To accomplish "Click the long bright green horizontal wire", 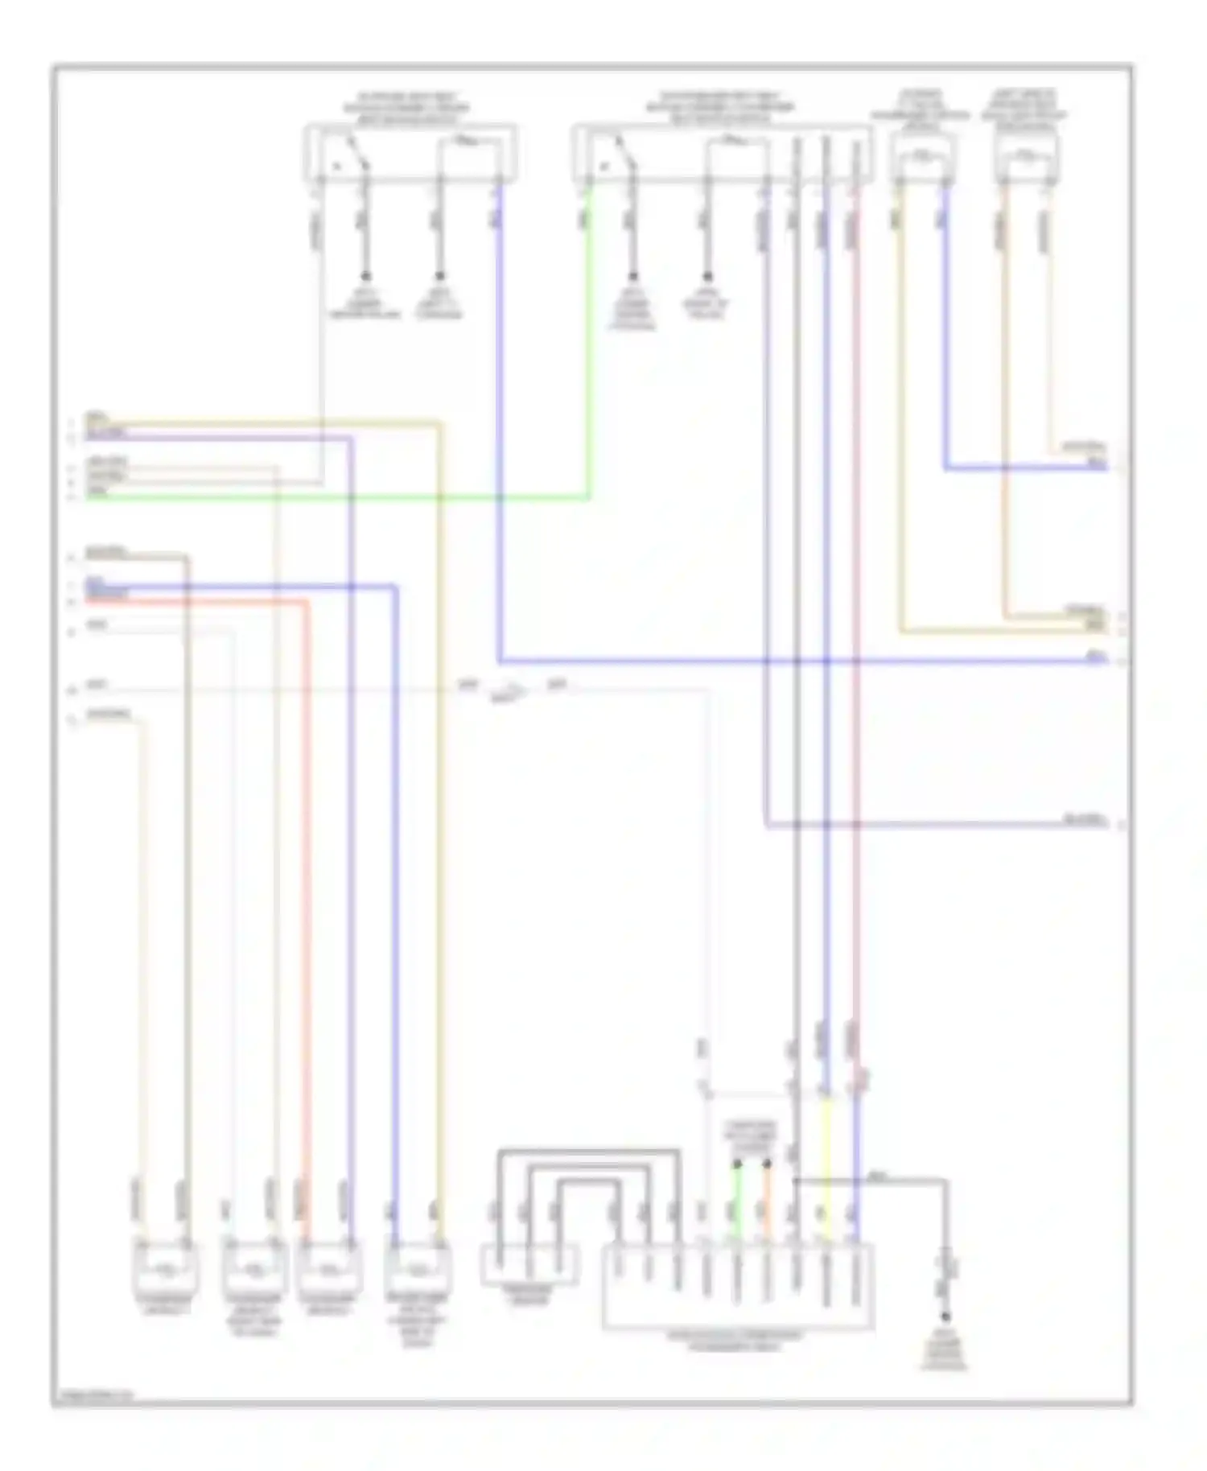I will pyautogui.click(x=338, y=497).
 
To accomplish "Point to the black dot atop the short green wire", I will pyautogui.click(x=736, y=1164).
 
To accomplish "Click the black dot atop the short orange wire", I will pyautogui.click(x=767, y=1164).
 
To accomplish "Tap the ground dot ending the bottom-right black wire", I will pyautogui.click(x=945, y=1317).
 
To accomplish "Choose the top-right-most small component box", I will pyautogui.click(x=1025, y=157).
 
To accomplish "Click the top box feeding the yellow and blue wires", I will pyautogui.click(x=922, y=157).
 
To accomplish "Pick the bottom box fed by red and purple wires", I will pyautogui.click(x=329, y=1270).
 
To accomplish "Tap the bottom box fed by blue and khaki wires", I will pyautogui.click(x=418, y=1270).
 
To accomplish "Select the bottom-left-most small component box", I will pyautogui.click(x=165, y=1270).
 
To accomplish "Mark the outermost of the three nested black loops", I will pyautogui.click(x=588, y=1152).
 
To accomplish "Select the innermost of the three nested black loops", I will pyautogui.click(x=588, y=1181).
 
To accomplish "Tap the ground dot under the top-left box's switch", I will pyautogui.click(x=366, y=275).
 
